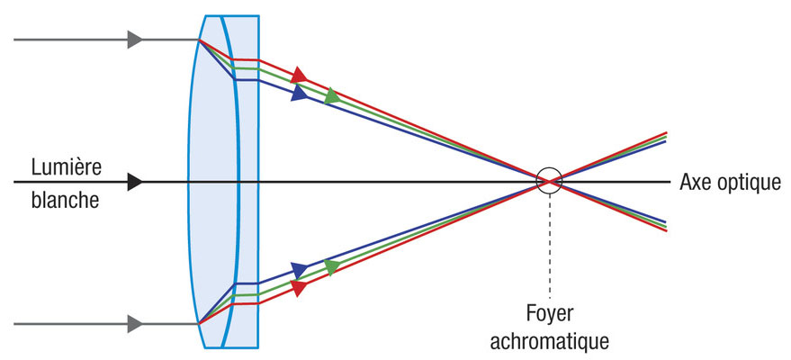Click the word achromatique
click(550, 341)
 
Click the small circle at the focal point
click(548, 180)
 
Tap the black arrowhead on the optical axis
click(135, 181)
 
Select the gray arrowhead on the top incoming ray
click(135, 40)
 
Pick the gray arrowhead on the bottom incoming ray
click(135, 321)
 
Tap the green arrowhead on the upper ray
click(332, 94)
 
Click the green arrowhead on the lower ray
click(332, 267)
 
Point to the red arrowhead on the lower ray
click(299, 288)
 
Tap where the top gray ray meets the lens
click(200, 40)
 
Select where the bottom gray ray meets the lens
click(200, 321)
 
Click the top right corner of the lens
click(259, 16)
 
